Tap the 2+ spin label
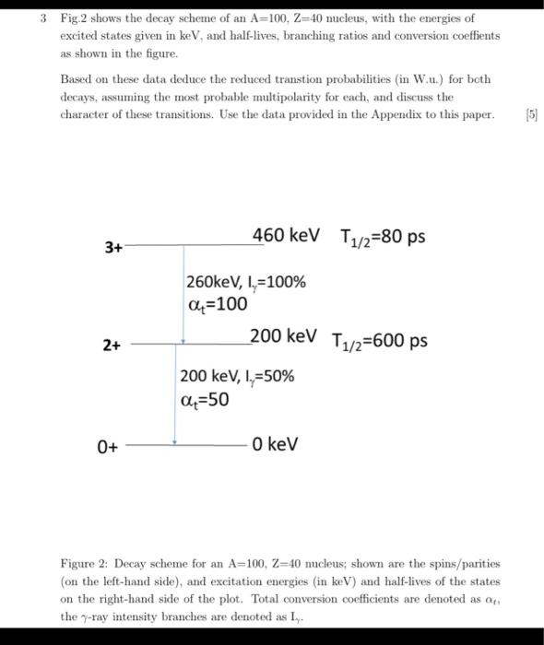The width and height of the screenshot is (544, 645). (112, 346)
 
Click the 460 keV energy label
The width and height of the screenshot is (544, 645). (287, 235)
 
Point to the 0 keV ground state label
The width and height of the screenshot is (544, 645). (276, 445)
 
